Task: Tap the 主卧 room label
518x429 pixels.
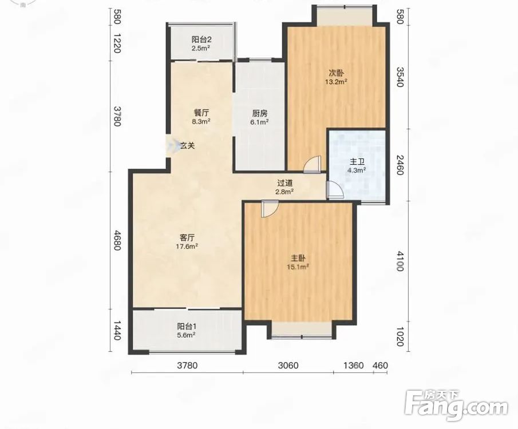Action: [297, 258]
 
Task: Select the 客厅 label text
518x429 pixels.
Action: [187, 237]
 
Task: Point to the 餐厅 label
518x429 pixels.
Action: [201, 113]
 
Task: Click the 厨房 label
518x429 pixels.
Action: [260, 114]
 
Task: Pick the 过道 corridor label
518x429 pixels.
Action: [285, 183]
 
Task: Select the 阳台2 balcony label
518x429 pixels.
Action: [201, 39]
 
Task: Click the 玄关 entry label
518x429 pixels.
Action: [188, 145]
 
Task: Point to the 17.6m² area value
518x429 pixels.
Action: [187, 246]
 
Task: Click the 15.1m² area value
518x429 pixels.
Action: [298, 267]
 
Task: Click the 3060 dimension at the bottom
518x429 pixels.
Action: [288, 366]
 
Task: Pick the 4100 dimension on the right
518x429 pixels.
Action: [400, 261]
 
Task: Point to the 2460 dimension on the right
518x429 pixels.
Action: [400, 165]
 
